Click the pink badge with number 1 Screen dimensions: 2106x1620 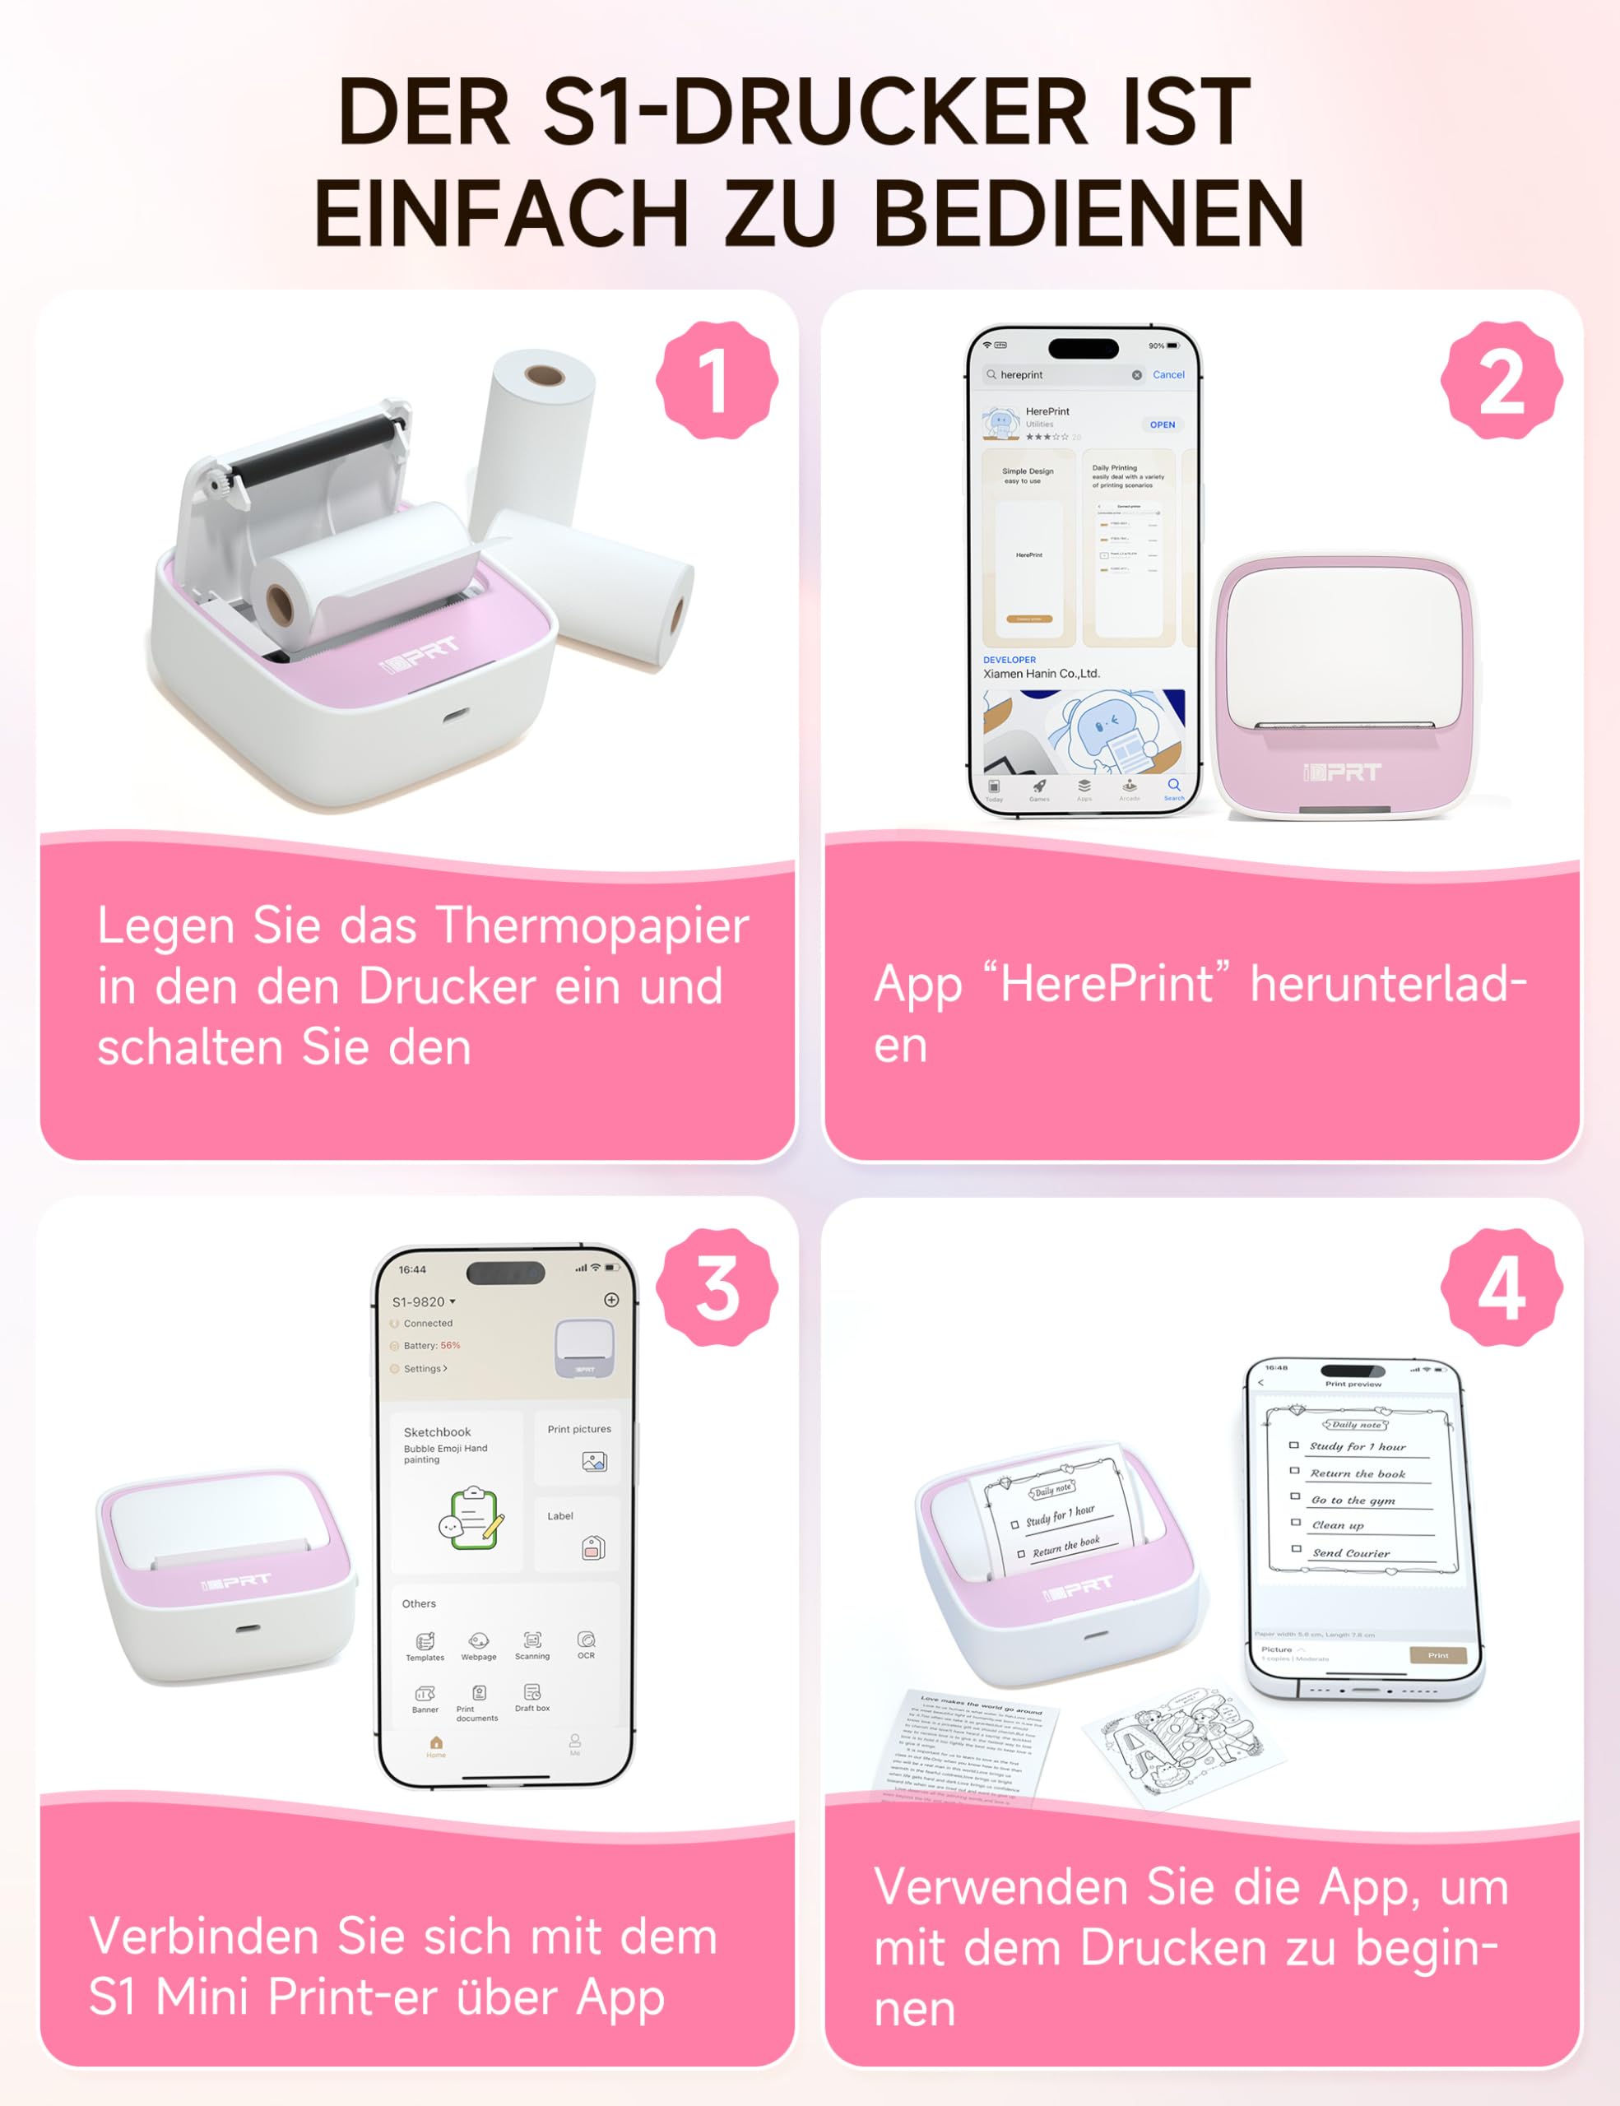[716, 381]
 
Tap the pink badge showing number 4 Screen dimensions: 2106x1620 [1501, 1287]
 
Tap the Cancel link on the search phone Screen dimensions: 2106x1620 [1167, 375]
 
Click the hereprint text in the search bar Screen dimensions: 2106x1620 [1021, 375]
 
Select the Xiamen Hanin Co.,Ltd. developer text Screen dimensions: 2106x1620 [1041, 674]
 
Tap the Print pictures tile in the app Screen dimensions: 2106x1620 [578, 1446]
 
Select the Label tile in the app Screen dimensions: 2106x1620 [577, 1533]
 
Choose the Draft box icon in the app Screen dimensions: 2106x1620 [531, 1697]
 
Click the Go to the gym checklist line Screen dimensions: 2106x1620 [1353, 1501]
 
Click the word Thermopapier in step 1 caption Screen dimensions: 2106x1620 [592, 925]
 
